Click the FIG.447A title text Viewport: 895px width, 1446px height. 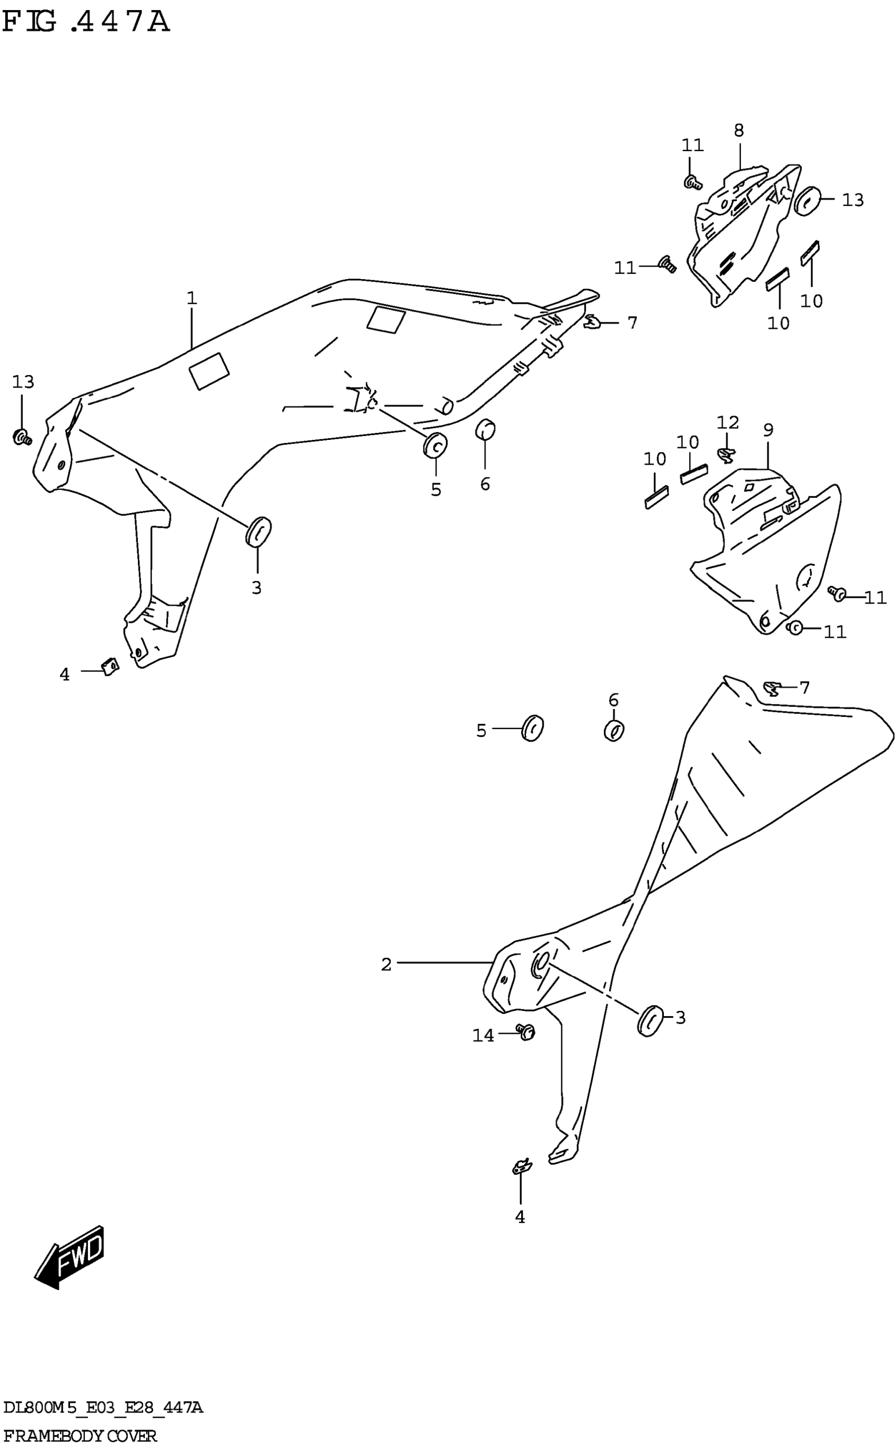click(86, 22)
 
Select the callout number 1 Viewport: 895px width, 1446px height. click(191, 298)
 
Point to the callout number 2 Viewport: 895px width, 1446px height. click(386, 965)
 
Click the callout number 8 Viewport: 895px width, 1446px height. click(739, 130)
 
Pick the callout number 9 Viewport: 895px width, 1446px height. click(768, 430)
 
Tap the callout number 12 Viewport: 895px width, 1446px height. click(728, 422)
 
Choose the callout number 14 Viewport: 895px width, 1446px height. click(483, 1035)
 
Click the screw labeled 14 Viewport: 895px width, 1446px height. click(525, 1031)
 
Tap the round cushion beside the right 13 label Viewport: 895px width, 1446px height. click(808, 201)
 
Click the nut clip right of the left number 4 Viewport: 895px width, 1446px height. click(110, 667)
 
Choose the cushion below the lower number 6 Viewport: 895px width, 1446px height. click(614, 731)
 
